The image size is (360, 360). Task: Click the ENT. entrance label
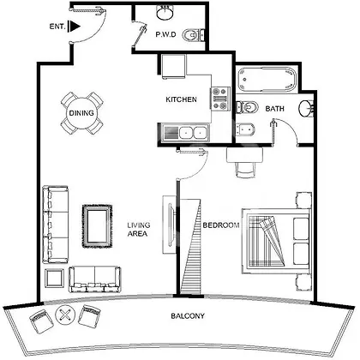(x=57, y=27)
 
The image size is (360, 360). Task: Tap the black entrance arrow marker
(x=75, y=27)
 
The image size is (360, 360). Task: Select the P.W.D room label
(x=165, y=34)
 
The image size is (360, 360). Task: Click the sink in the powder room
(x=165, y=13)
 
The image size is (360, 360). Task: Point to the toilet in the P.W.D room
(x=194, y=34)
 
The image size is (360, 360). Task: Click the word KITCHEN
(x=181, y=99)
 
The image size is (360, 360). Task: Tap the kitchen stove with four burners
(x=220, y=99)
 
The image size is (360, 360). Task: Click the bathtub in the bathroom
(x=267, y=80)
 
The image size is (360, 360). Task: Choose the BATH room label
(x=274, y=109)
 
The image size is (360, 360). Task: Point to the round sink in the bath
(x=305, y=108)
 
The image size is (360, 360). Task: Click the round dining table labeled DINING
(x=81, y=113)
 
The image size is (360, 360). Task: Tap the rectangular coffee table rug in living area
(x=97, y=226)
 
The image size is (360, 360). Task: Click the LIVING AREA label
(x=137, y=230)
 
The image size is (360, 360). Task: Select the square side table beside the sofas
(x=55, y=279)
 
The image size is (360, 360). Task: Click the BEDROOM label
(x=221, y=225)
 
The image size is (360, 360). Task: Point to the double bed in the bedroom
(x=276, y=242)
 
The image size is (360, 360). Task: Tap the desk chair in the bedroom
(x=245, y=170)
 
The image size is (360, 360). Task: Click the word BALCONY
(x=188, y=316)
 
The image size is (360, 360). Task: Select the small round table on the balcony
(x=65, y=315)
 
